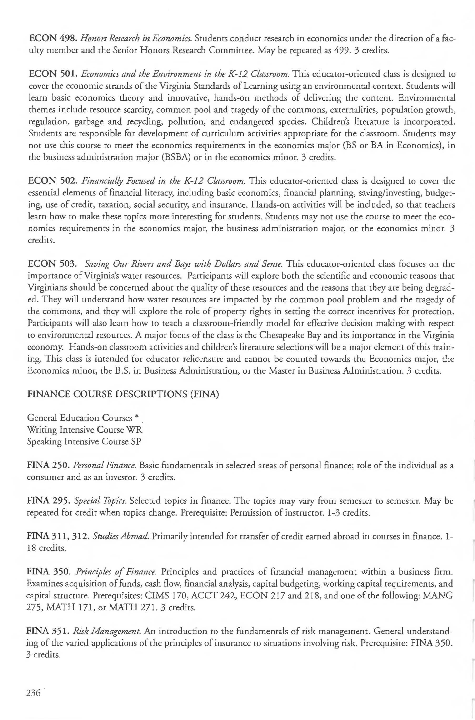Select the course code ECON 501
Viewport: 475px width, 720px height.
click(54, 74)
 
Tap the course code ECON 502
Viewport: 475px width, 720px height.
click(54, 181)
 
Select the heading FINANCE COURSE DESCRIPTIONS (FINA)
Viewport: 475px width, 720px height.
click(123, 395)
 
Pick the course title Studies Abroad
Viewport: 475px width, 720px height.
click(120, 536)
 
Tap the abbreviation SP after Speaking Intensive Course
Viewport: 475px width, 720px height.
click(136, 442)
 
